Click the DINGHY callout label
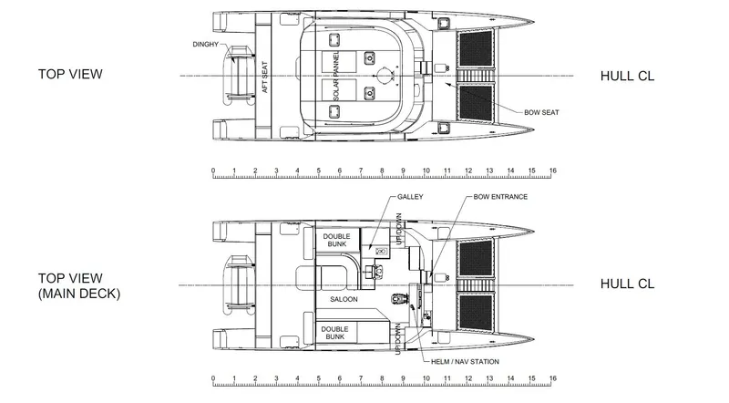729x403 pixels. tap(206, 44)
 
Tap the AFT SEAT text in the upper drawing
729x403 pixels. tap(265, 77)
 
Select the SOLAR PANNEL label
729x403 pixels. tap(336, 76)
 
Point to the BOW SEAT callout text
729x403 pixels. tap(541, 112)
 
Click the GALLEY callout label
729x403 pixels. tap(410, 197)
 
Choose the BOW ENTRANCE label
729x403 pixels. tap(500, 197)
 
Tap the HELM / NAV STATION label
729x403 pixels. tap(465, 362)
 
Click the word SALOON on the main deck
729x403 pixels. tap(344, 299)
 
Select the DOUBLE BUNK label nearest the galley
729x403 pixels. tap(336, 240)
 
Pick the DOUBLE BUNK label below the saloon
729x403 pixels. tap(334, 333)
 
